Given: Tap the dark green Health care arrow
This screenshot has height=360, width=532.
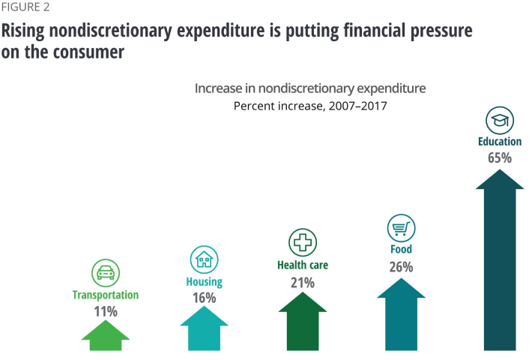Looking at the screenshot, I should [303, 324].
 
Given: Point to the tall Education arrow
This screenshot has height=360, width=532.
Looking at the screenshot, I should [499, 262].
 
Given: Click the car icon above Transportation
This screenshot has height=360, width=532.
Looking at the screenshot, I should [106, 271].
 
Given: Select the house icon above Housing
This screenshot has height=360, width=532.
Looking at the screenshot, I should [204, 259].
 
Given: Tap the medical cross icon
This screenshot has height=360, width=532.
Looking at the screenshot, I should [303, 242].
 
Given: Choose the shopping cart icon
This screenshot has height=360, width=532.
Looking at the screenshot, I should [401, 227].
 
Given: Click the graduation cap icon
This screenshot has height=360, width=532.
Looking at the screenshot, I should [499, 119].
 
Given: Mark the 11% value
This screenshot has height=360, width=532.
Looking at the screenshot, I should [106, 311].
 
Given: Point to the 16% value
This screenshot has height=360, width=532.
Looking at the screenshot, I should [204, 298].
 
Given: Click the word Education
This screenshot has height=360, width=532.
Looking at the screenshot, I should [499, 141].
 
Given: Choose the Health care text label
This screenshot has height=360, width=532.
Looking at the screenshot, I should [303, 265].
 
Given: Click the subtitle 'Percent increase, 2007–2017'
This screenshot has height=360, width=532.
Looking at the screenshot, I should [309, 106].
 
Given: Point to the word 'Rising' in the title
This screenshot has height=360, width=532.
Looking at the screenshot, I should [24, 32].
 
